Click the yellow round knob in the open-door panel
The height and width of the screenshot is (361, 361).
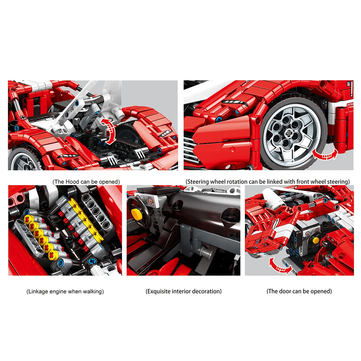[316, 240]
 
